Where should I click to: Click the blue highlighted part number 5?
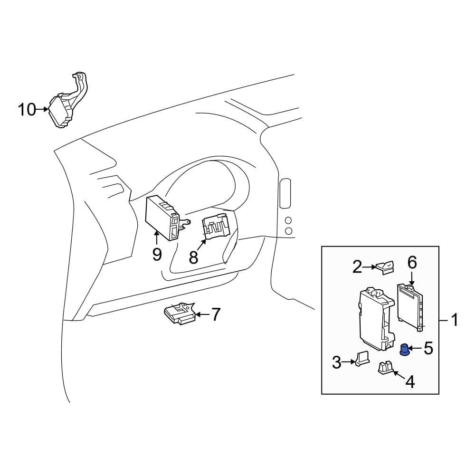pyautogui.click(x=404, y=350)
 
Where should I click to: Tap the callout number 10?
pyautogui.click(x=27, y=109)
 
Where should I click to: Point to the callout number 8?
pyautogui.click(x=193, y=257)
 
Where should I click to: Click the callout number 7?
pyautogui.click(x=215, y=314)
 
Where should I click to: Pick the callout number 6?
pyautogui.click(x=412, y=263)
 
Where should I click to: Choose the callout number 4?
pyautogui.click(x=410, y=382)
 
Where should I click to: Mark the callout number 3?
pyautogui.click(x=337, y=362)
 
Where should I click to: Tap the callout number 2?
pyautogui.click(x=357, y=267)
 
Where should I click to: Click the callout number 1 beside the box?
pyautogui.click(x=455, y=320)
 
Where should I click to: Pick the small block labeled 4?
pyautogui.click(x=385, y=368)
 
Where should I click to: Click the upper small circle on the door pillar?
pyautogui.click(x=288, y=220)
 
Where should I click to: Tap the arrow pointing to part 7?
pyautogui.click(x=203, y=315)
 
